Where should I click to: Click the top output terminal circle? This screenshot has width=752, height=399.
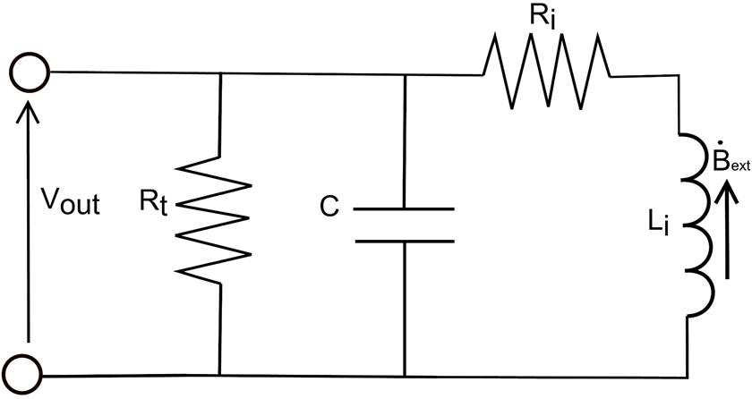click(x=30, y=71)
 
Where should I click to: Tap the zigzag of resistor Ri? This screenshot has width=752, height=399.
click(x=548, y=72)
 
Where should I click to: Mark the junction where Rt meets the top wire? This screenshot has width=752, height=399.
click(x=218, y=72)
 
